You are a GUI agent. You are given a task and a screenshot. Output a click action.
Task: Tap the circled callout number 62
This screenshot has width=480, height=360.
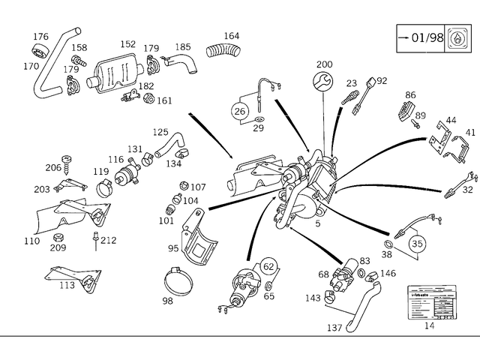(x=268, y=266)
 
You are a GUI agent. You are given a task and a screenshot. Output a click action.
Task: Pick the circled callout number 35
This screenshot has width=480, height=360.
(x=418, y=243)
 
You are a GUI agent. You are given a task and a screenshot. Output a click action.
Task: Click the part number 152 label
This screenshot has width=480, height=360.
(x=127, y=44)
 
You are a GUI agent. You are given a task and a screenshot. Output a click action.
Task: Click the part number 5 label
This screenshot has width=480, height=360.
(x=317, y=223)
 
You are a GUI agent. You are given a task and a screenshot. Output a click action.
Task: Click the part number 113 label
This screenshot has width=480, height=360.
(x=67, y=285)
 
